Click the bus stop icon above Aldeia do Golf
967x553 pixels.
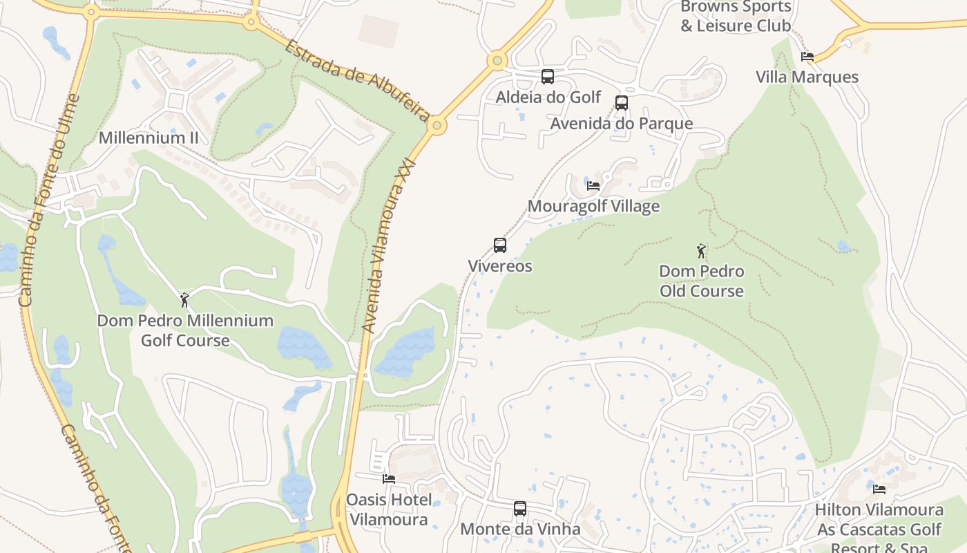click(x=548, y=77)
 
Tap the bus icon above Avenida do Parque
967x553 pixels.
click(x=622, y=103)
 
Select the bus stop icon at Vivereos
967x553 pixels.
click(x=500, y=245)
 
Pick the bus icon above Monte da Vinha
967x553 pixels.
click(x=520, y=509)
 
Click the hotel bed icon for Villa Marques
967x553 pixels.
click(x=807, y=57)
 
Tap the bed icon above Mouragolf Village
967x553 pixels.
click(x=593, y=185)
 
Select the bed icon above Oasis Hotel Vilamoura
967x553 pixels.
click(x=389, y=478)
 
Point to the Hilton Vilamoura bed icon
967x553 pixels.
click(x=879, y=489)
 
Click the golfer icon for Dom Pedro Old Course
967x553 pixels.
click(x=701, y=251)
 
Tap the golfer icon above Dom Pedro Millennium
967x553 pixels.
click(x=184, y=300)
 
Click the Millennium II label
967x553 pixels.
click(x=149, y=138)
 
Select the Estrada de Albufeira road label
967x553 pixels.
click(x=357, y=80)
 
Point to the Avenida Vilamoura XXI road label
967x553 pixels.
click(x=390, y=245)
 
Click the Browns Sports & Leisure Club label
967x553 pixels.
click(x=736, y=17)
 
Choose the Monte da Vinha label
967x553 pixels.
click(x=520, y=529)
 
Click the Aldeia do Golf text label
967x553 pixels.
click(x=548, y=97)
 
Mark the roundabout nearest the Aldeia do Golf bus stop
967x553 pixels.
click(x=497, y=61)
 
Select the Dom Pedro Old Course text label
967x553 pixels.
click(x=701, y=281)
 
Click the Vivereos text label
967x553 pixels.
click(x=500, y=266)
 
